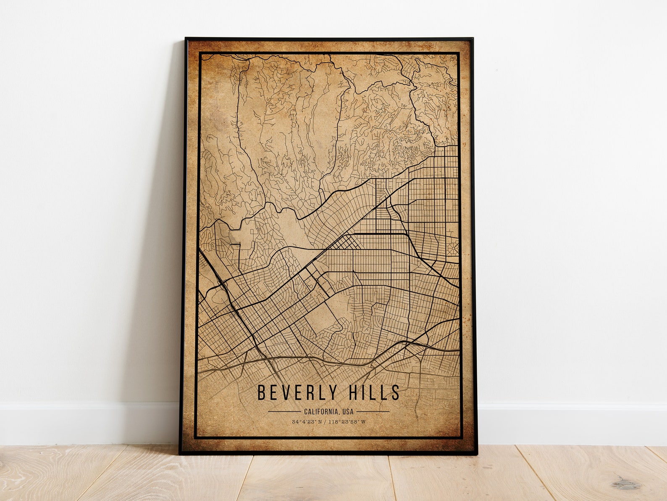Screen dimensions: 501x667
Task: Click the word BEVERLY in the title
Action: tap(297, 392)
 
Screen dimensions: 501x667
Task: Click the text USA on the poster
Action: tap(348, 411)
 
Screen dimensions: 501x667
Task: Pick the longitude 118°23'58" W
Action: tap(347, 422)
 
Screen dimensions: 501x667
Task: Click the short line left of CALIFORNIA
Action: tap(284, 411)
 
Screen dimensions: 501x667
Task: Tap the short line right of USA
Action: tap(373, 411)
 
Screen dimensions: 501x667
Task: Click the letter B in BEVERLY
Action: tap(261, 392)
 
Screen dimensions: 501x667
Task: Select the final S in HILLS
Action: tap(395, 392)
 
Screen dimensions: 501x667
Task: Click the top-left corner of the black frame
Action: tap(186, 38)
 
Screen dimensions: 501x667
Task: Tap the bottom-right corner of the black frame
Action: tap(477, 454)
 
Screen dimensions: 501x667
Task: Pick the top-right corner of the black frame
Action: tap(473, 38)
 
